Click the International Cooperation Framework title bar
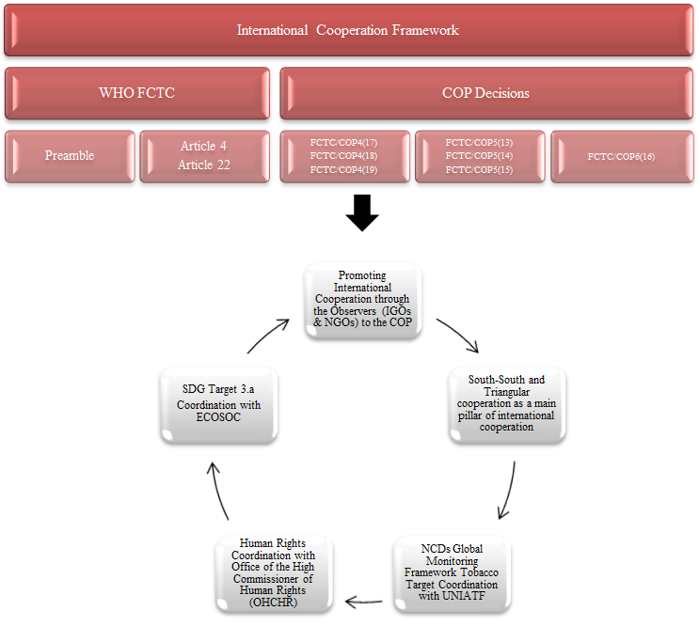(x=348, y=30)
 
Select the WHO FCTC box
(x=137, y=93)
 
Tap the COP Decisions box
(x=485, y=93)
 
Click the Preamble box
(x=70, y=155)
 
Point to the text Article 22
(x=203, y=165)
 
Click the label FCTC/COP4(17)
(x=343, y=143)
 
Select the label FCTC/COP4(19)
(x=343, y=169)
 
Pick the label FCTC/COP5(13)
(x=479, y=143)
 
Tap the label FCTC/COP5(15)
(x=479, y=168)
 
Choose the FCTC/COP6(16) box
(x=620, y=156)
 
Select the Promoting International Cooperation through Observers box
(x=362, y=300)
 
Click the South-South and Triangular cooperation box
(x=507, y=403)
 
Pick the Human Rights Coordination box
(x=272, y=573)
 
